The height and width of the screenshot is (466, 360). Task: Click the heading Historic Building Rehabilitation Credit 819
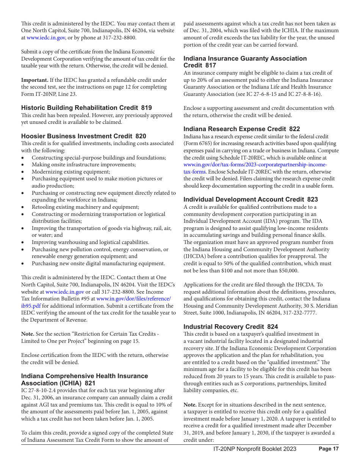coord(86,108)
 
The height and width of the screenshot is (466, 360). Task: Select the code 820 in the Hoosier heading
coord(141,136)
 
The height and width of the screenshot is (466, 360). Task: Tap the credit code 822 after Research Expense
coord(294,129)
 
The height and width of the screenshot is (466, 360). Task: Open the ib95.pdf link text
coord(31,306)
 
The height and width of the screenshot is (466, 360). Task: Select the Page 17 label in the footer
coord(329,449)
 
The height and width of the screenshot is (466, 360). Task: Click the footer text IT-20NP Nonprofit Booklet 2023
coord(255,449)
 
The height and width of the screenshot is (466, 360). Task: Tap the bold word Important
coord(34,80)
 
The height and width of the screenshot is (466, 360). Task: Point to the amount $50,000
coord(288,271)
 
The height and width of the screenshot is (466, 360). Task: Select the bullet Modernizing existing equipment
coord(71,172)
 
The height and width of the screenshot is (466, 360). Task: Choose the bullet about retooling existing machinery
coord(85,207)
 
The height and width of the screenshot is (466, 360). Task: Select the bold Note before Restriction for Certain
coord(28,334)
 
